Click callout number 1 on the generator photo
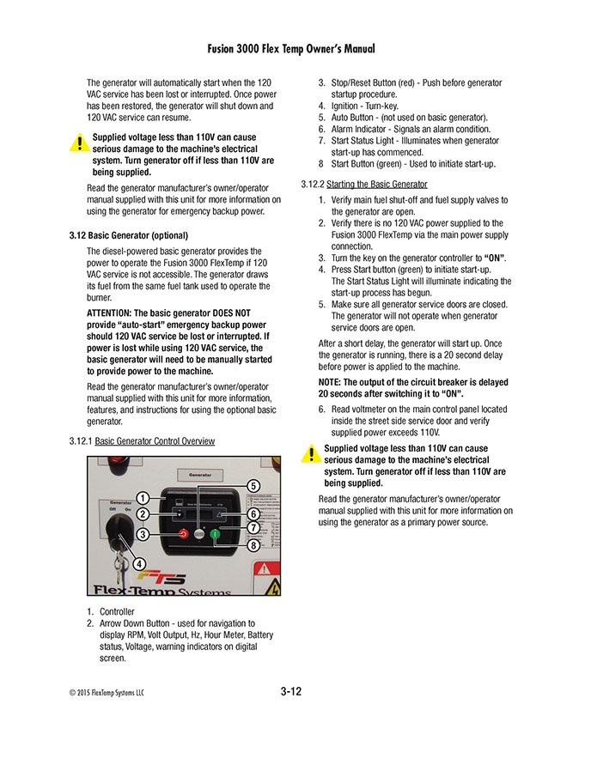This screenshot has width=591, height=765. coord(143,497)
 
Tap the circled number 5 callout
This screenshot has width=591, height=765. coord(253,486)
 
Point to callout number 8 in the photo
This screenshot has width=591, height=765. coord(253,545)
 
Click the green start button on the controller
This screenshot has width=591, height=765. coord(214,534)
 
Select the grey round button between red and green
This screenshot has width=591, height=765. coord(198,534)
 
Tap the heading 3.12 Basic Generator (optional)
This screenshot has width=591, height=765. coord(128,235)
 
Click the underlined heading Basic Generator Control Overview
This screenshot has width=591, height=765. coord(155,440)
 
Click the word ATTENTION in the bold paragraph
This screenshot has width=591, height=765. coord(109,313)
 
